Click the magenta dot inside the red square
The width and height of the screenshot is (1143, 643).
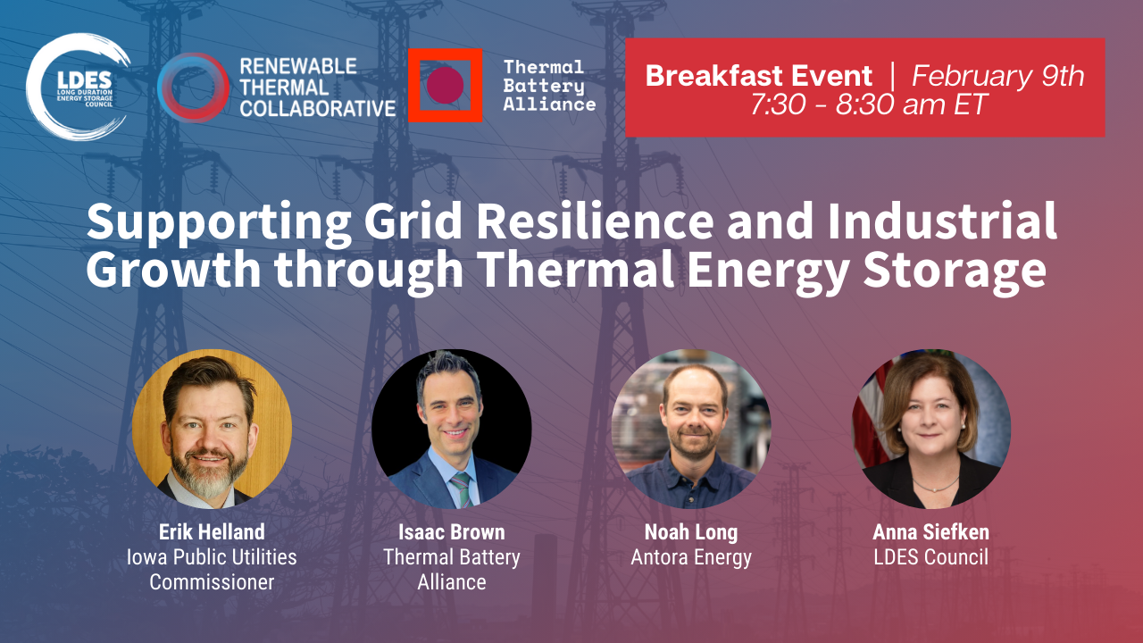tap(445, 85)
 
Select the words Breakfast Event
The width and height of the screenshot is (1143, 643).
tap(759, 76)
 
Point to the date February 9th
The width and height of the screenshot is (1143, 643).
tap(997, 76)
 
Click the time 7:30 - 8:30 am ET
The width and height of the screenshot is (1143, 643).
tap(869, 104)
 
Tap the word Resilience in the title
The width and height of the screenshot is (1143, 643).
tap(595, 221)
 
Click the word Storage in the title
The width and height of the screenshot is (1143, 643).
tap(955, 270)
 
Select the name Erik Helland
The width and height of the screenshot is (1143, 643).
tap(212, 531)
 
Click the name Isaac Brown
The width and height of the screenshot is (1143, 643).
tap(452, 531)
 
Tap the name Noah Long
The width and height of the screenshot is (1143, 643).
tap(691, 532)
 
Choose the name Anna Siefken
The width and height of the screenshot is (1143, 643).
tap(930, 531)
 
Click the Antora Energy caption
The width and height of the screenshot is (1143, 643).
tap(691, 557)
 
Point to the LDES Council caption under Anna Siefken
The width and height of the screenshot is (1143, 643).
tap(930, 556)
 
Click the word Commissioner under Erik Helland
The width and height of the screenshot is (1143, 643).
tap(212, 581)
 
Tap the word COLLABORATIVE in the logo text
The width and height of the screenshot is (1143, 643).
tap(318, 108)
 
